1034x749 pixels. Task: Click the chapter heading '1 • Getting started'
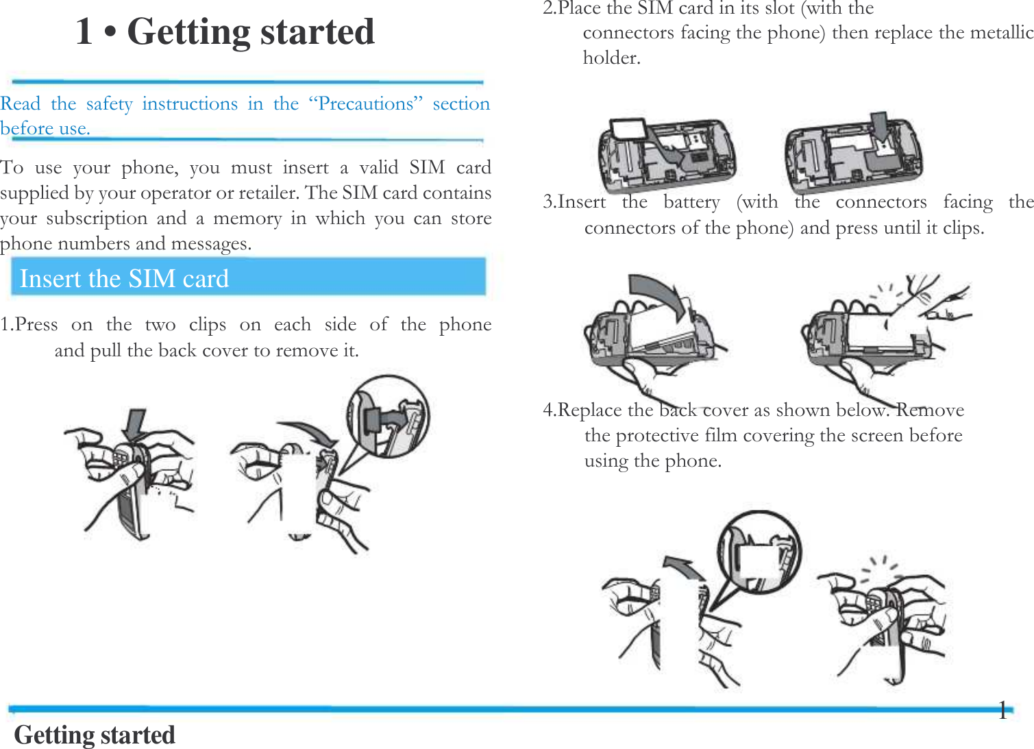tap(225, 32)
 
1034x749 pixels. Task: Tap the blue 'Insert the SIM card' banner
tap(248, 278)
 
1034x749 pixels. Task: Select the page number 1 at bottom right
tap(1002, 711)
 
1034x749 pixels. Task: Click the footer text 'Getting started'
tap(95, 735)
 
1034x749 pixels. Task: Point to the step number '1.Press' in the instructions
tap(29, 324)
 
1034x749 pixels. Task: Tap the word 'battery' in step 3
tap(691, 202)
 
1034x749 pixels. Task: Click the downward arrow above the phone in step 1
tap(135, 423)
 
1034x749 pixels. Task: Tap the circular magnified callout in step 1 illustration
tap(388, 415)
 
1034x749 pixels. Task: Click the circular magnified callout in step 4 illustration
tap(759, 553)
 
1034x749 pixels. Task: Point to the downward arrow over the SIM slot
tap(878, 127)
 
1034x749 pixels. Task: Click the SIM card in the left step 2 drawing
tap(626, 130)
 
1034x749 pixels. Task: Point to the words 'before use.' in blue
tap(45, 129)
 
